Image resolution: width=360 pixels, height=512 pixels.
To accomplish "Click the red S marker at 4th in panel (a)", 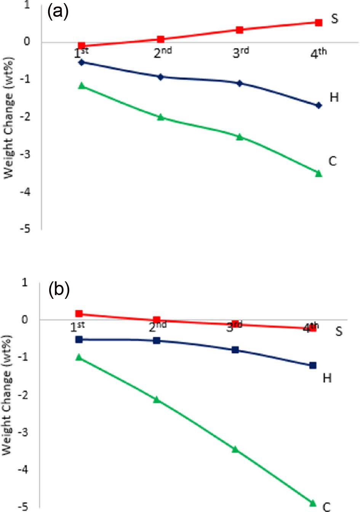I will pyautogui.click(x=318, y=22).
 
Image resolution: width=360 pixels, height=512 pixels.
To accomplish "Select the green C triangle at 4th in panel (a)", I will pyautogui.click(x=319, y=173).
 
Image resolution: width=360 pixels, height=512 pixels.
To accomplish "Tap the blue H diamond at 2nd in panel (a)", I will pyautogui.click(x=160, y=77).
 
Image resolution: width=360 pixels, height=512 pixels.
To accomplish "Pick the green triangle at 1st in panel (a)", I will pyautogui.click(x=81, y=86).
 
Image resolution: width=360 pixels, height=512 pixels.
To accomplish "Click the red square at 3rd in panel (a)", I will pyautogui.click(x=240, y=30).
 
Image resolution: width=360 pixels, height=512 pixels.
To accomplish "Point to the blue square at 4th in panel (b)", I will pyautogui.click(x=313, y=365).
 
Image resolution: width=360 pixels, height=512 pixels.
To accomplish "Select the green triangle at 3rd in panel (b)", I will pyautogui.click(x=235, y=449).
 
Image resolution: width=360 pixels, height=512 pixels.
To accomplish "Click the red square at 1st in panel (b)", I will pyautogui.click(x=79, y=314).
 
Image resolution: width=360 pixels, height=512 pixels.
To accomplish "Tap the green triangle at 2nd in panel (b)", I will pyautogui.click(x=157, y=400).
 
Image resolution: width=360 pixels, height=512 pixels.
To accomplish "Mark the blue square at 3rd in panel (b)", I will pyautogui.click(x=235, y=350).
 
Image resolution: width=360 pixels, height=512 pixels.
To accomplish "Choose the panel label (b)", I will pyautogui.click(x=59, y=290).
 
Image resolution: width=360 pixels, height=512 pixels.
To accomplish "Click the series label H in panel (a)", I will pyautogui.click(x=334, y=98).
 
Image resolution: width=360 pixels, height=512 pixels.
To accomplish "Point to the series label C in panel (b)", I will pyautogui.click(x=326, y=506).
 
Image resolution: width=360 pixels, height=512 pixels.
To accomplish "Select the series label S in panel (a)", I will pyautogui.click(x=334, y=18).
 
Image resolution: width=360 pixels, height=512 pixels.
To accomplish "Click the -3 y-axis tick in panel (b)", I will pyautogui.click(x=23, y=432).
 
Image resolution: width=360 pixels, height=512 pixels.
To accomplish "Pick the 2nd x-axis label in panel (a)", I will pyautogui.click(x=163, y=53).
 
